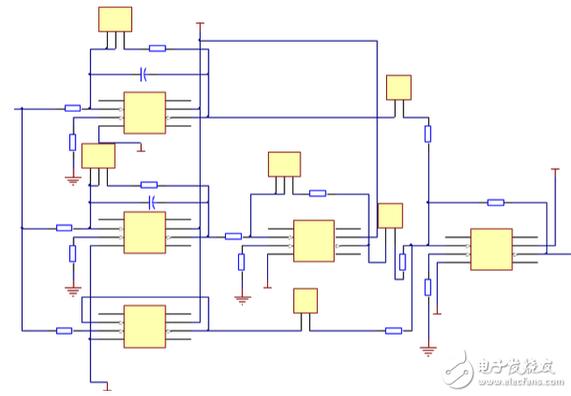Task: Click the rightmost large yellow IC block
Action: pyautogui.click(x=491, y=249)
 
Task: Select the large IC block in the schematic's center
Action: pyautogui.click(x=314, y=240)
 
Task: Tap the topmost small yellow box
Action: pyautogui.click(x=115, y=19)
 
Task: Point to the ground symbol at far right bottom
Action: pyautogui.click(x=427, y=351)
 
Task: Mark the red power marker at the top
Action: pyautogui.click(x=200, y=24)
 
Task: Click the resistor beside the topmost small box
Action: pyautogui.click(x=158, y=48)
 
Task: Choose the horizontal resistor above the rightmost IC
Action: pyautogui.click(x=496, y=202)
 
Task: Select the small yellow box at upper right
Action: pyautogui.click(x=398, y=87)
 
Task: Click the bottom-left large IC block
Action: pyautogui.click(x=145, y=325)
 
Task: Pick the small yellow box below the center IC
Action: pyautogui.click(x=305, y=300)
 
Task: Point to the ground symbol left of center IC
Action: pyautogui.click(x=242, y=298)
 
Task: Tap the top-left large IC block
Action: pyautogui.click(x=145, y=113)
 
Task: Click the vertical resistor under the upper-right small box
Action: pyautogui.click(x=427, y=134)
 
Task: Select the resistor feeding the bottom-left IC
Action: pyautogui.click(x=64, y=330)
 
